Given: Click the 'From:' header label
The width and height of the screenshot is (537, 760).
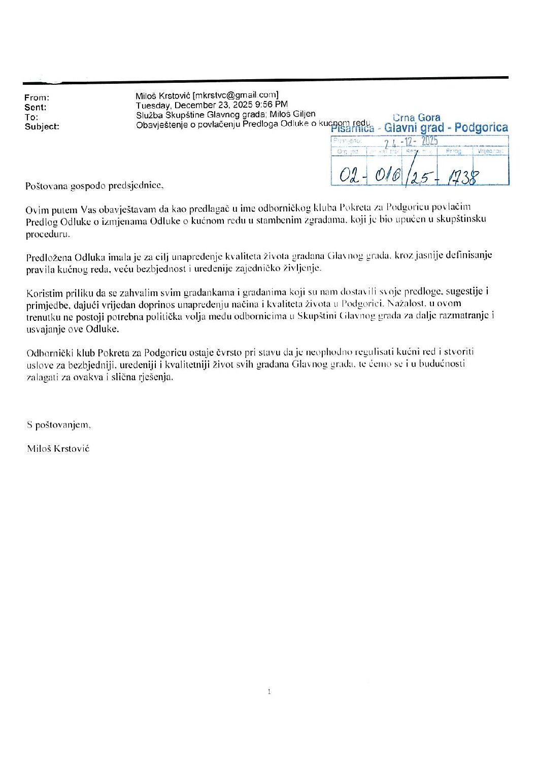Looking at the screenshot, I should (x=37, y=97).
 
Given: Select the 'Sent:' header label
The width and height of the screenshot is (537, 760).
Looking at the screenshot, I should (x=36, y=107).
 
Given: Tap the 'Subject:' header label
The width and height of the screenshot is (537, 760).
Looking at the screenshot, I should (x=42, y=126).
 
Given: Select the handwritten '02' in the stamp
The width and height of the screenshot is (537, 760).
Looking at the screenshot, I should (x=349, y=176).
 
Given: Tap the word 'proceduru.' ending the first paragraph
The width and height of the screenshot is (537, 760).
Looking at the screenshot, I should (x=48, y=235).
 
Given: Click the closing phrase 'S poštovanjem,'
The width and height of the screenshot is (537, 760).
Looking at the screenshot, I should (x=59, y=424).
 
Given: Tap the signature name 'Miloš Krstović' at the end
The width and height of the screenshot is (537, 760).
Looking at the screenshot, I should (x=59, y=448).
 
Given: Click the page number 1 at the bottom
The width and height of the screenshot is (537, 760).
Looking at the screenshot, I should (x=269, y=691).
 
